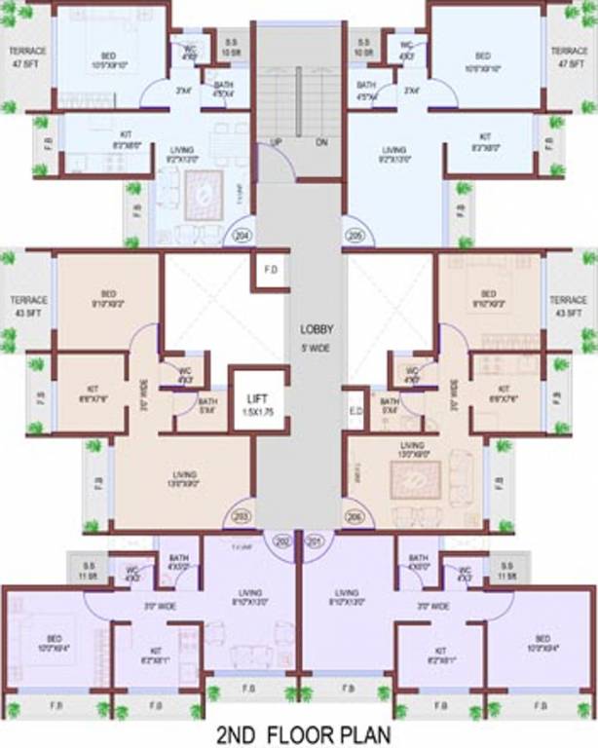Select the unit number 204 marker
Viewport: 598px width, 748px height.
point(242,235)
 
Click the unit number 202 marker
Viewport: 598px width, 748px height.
point(283,540)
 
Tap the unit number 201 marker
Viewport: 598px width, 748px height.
point(315,540)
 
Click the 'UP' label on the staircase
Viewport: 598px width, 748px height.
point(276,142)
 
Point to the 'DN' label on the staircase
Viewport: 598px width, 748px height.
point(321,142)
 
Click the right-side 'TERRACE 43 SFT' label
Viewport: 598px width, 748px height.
point(568,306)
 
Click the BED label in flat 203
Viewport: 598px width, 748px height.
point(108,298)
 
